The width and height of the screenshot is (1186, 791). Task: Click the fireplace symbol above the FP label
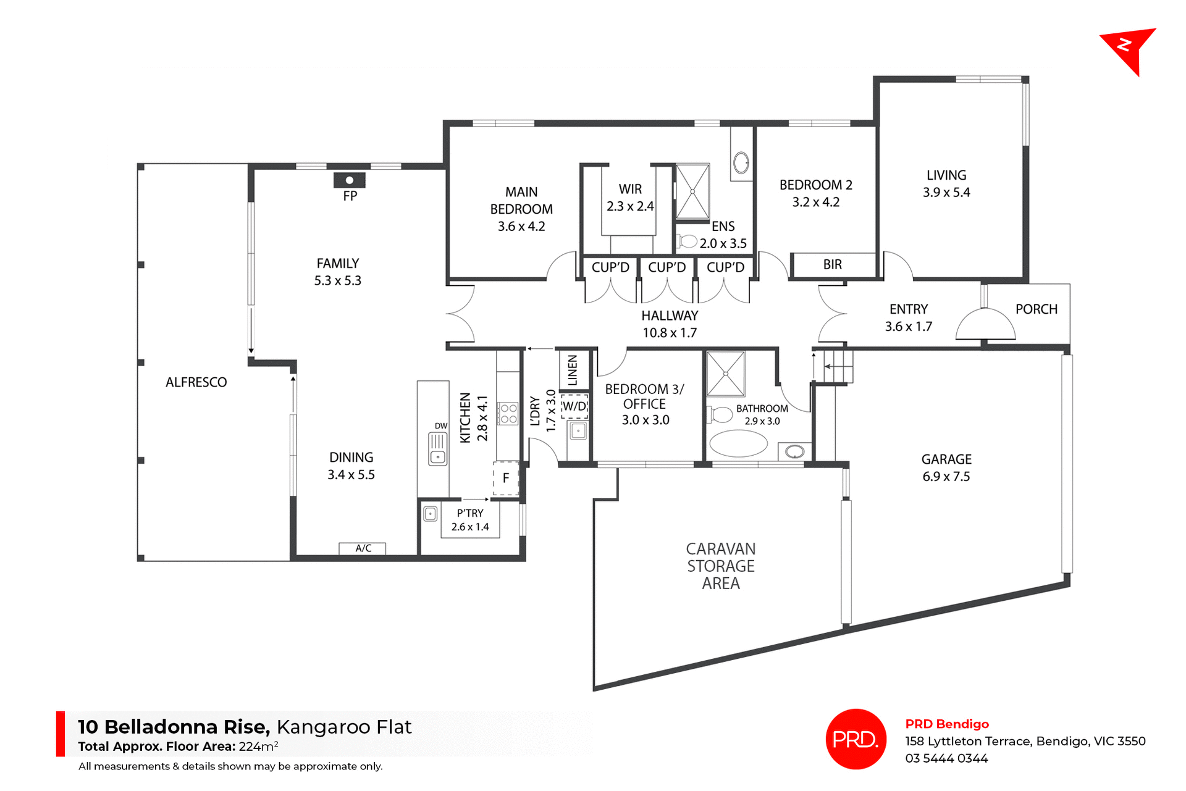tap(349, 180)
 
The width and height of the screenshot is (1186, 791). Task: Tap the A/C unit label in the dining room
tap(363, 548)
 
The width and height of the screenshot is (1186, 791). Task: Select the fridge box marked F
tap(506, 478)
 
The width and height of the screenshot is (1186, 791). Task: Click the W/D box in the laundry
tap(574, 406)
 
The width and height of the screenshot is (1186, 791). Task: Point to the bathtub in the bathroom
tap(738, 443)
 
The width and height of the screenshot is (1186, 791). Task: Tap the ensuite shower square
tap(692, 191)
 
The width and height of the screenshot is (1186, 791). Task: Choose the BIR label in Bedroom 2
tap(832, 265)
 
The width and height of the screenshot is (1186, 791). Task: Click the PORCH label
tap(1036, 309)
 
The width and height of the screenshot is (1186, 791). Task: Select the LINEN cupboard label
tap(573, 370)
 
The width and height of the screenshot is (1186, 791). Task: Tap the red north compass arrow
tap(1129, 49)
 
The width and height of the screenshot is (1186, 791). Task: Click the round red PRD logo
tap(856, 739)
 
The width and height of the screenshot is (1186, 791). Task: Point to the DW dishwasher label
tap(440, 426)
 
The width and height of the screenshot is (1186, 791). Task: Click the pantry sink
tap(431, 514)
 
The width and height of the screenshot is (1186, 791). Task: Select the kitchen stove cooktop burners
tap(508, 414)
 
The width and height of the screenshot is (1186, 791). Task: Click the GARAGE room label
tap(946, 459)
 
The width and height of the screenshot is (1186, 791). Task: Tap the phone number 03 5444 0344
tap(946, 759)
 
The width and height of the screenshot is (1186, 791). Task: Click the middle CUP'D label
tap(667, 267)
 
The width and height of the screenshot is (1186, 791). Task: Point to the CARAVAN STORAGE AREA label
tap(721, 566)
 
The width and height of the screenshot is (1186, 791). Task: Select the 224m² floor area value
tap(258, 747)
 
